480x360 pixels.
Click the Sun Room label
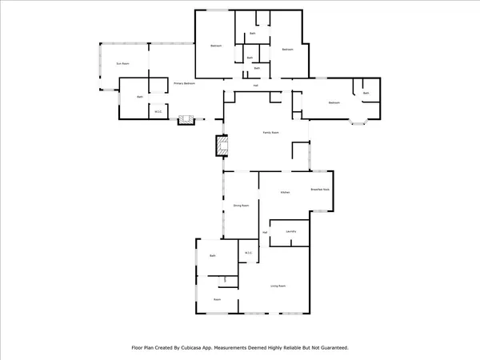pyautogui.click(x=122, y=62)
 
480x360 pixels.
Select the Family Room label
pyautogui.click(x=271, y=132)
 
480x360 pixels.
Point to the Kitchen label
pyautogui.click(x=284, y=193)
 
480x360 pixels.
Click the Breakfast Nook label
pyautogui.click(x=321, y=190)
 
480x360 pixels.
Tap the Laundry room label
pyautogui.click(x=291, y=232)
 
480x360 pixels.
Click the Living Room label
pyautogui.click(x=278, y=286)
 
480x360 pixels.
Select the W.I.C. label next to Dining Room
pyautogui.click(x=248, y=254)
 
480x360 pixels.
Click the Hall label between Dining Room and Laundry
pyautogui.click(x=265, y=233)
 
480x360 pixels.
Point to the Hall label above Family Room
pyautogui.click(x=256, y=86)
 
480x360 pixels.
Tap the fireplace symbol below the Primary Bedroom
pyautogui.click(x=187, y=120)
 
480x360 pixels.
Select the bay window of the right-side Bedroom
pyautogui.click(x=358, y=120)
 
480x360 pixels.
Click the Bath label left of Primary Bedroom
pyautogui.click(x=139, y=97)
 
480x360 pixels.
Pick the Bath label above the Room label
pyautogui.click(x=213, y=255)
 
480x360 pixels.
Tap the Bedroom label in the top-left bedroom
pyautogui.click(x=216, y=46)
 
